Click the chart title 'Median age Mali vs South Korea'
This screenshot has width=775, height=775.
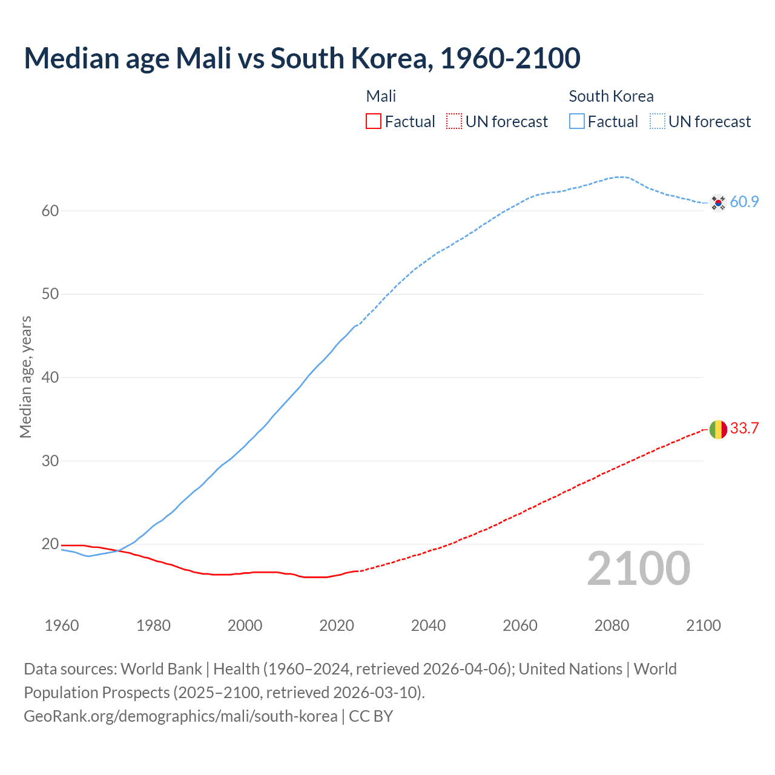302,58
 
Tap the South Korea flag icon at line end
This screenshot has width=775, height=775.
718,202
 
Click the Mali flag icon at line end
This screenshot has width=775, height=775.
718,429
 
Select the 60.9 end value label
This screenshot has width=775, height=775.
744,202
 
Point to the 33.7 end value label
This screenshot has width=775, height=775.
744,429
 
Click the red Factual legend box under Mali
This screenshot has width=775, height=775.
374,122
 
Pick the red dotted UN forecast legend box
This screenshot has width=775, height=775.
454,122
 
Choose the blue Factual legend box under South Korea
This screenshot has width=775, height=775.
577,122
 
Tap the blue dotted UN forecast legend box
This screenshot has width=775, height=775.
657,122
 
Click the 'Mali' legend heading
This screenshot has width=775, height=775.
381,96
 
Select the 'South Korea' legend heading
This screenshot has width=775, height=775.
611,96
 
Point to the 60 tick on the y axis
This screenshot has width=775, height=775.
50,211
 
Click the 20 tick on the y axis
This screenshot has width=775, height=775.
50,544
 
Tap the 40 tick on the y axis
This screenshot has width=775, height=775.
50,377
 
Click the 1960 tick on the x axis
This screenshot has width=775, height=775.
62,625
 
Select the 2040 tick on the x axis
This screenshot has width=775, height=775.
428,625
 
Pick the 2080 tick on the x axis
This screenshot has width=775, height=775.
612,625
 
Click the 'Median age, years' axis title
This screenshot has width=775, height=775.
25,377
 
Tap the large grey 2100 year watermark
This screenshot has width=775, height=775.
638,569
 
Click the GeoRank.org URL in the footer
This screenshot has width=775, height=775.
180,716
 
